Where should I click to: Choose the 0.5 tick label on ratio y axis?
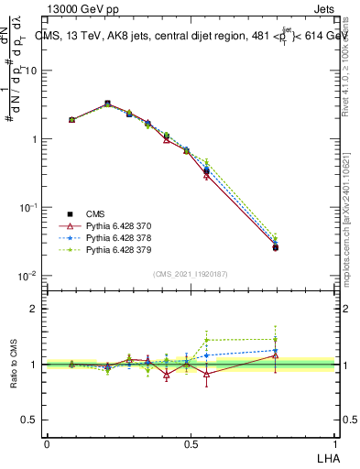(30, 420)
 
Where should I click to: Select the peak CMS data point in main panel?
(108, 104)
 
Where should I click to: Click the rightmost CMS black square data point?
(275, 247)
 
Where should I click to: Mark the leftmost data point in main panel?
(71, 119)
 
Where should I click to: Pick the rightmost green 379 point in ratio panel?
(275, 339)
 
